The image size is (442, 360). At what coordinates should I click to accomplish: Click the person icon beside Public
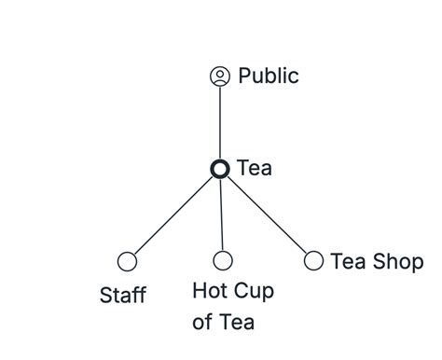click(220, 76)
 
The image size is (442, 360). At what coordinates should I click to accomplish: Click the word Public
click(269, 76)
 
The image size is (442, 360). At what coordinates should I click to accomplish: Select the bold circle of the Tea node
click(220, 169)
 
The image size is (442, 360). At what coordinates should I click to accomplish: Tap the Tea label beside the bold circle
click(255, 169)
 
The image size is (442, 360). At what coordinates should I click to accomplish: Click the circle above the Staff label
click(127, 261)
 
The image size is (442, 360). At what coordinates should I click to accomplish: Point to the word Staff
click(122, 296)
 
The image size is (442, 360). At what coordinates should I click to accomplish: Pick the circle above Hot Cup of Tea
click(223, 261)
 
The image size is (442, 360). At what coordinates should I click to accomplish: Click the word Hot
click(210, 291)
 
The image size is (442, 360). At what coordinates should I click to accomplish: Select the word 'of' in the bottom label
click(201, 323)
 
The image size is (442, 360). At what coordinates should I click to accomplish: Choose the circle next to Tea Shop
click(314, 261)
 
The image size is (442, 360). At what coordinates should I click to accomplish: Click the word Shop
click(396, 262)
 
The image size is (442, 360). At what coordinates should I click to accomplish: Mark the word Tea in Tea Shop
click(347, 261)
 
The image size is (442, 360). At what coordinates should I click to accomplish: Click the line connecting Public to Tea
click(220, 122)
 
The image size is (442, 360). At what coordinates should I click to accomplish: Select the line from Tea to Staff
click(173, 215)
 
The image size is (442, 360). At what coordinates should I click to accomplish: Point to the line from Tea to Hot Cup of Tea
click(222, 215)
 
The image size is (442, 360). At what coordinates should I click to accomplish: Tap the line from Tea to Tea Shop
click(268, 215)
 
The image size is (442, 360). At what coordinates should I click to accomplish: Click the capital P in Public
click(245, 76)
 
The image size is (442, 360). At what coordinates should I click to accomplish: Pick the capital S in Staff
click(105, 296)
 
